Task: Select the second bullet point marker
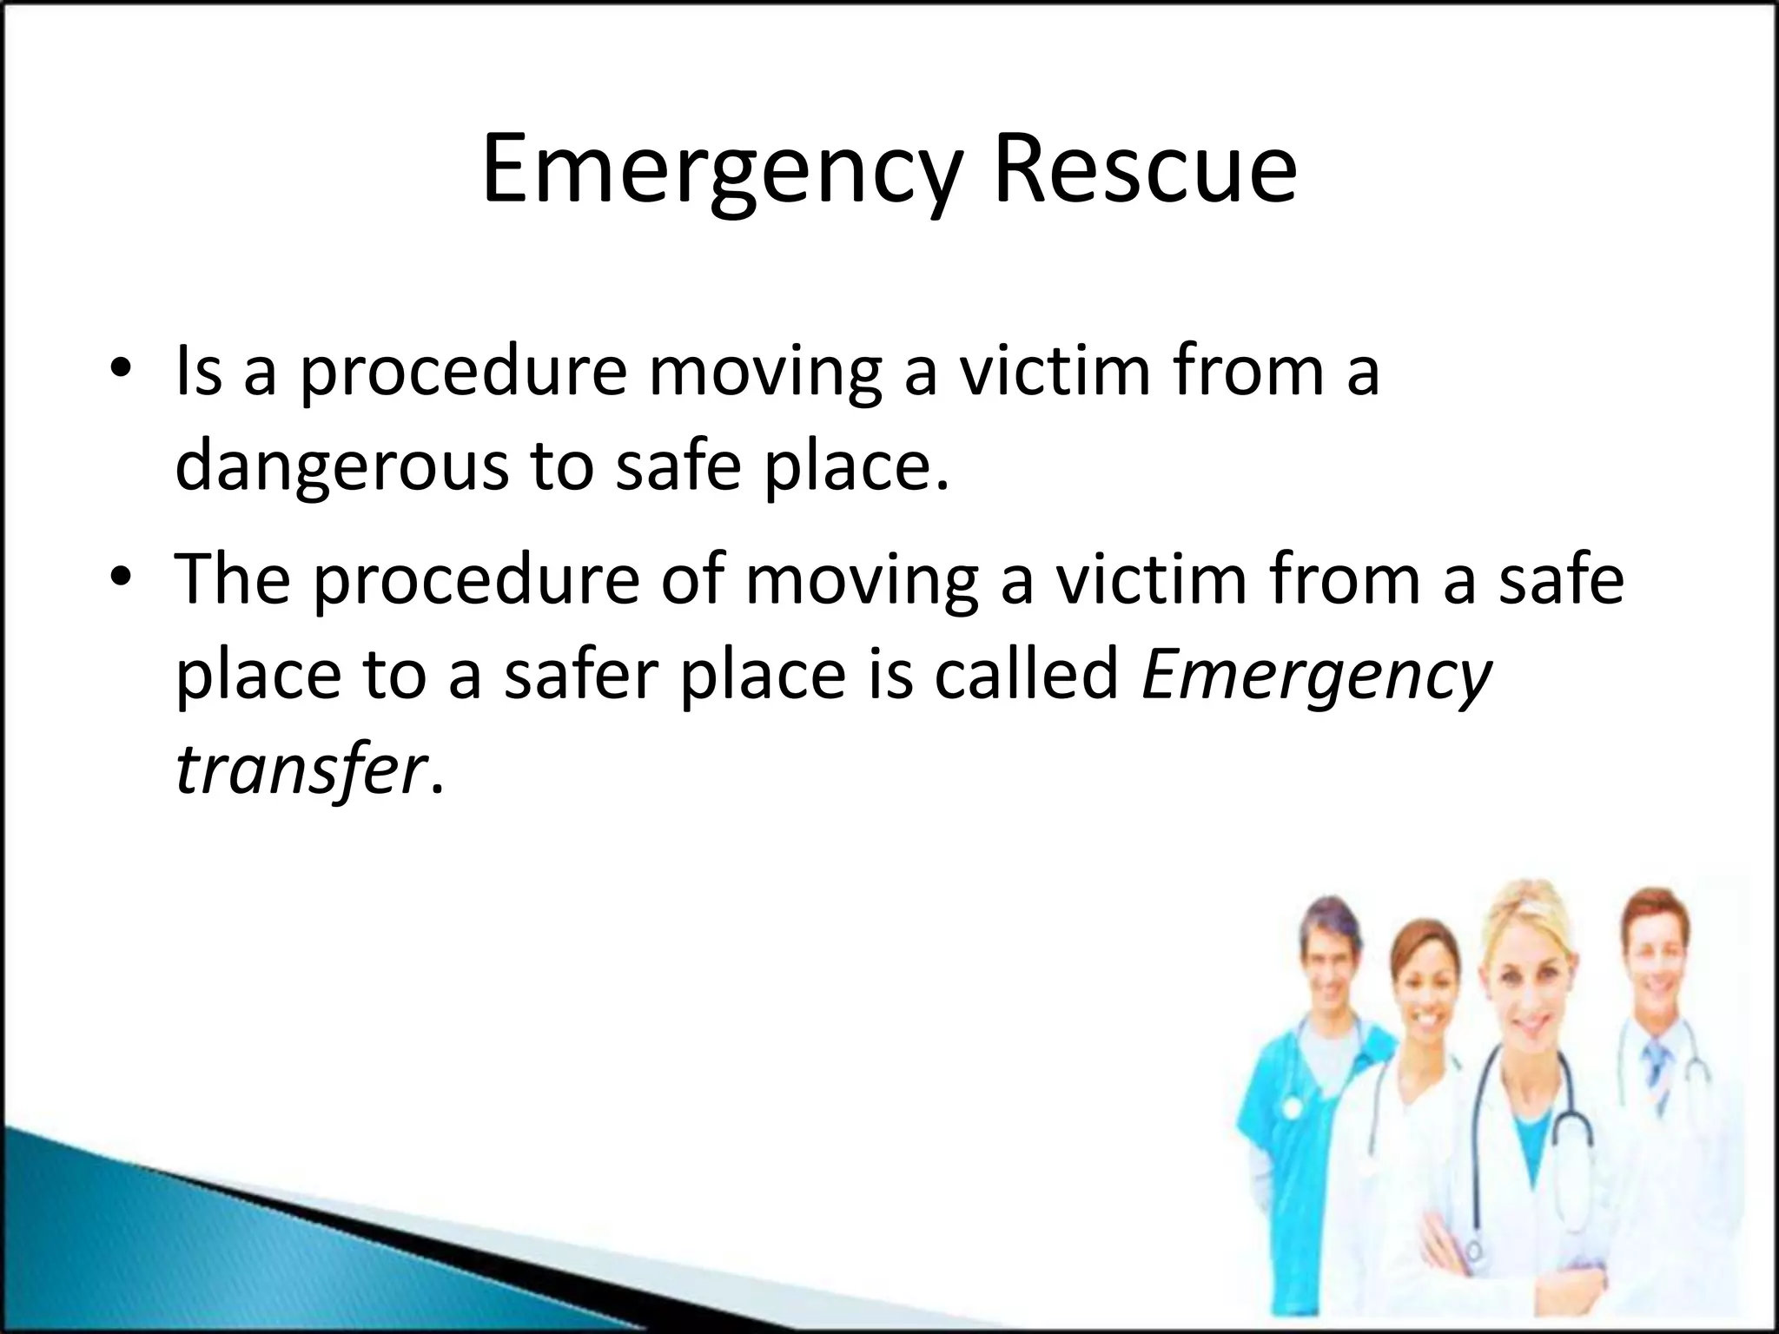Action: pos(121,578)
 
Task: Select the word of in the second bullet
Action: pos(691,578)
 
